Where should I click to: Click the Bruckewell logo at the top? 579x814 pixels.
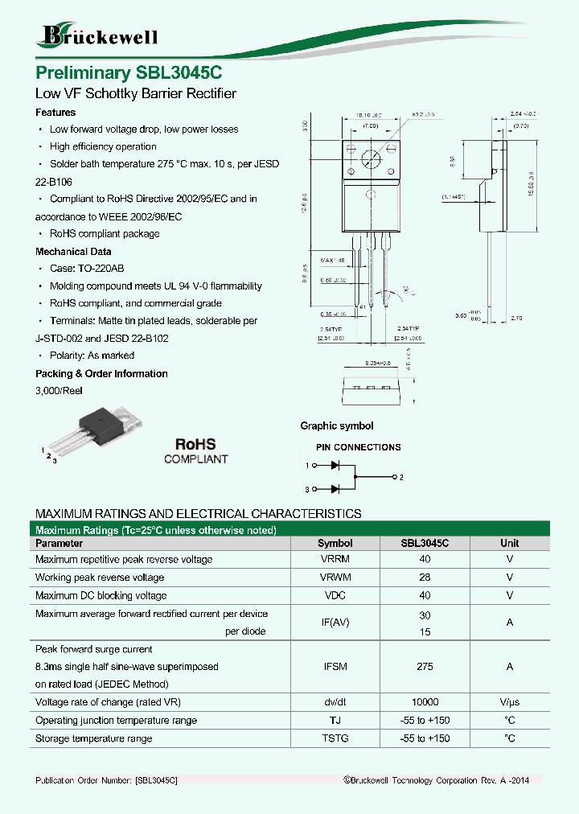coord(99,35)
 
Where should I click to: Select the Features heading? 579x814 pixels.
coord(55,113)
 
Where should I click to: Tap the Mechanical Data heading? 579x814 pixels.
coord(73,251)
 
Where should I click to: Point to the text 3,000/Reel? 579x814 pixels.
coord(59,390)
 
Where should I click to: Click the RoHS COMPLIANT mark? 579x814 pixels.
coord(195,451)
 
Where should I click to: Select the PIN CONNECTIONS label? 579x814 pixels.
coord(358,447)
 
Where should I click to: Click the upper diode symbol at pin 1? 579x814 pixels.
coord(335,465)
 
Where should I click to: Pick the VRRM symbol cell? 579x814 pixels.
coord(335,559)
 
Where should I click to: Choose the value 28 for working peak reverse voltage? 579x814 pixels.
coord(425,578)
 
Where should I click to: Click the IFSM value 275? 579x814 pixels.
coord(425,667)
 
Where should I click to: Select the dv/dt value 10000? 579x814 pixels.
coord(425,702)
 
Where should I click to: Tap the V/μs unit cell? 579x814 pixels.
coord(509,702)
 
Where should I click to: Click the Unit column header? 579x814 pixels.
coord(509,543)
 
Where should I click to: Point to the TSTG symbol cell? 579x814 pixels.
coord(335,738)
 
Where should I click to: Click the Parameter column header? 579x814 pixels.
coord(59,543)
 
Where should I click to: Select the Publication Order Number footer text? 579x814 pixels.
coord(106,780)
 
